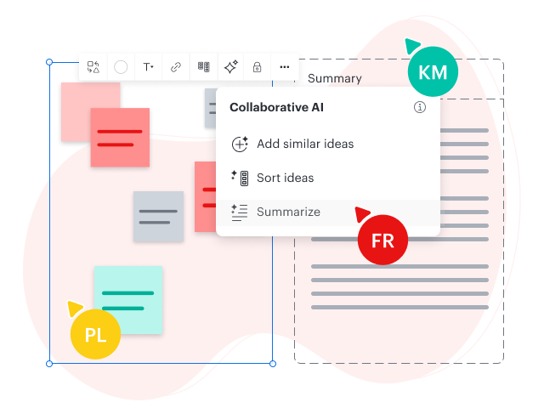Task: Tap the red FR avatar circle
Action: [x=382, y=241]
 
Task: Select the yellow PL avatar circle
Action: [x=95, y=333]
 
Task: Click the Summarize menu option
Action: [x=288, y=212]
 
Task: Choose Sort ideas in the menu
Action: [x=285, y=178]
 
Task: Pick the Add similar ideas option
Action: [x=304, y=144]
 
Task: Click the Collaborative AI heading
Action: [x=276, y=108]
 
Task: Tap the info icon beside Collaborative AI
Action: [x=420, y=108]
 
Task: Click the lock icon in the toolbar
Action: [x=257, y=67]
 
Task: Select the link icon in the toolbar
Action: [x=176, y=67]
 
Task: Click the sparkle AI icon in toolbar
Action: [x=229, y=67]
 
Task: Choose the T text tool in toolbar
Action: [x=148, y=67]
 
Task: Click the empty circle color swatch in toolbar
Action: [x=121, y=67]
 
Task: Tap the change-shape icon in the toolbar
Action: [x=93, y=67]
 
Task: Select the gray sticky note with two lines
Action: [x=158, y=216]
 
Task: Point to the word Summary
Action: [x=335, y=79]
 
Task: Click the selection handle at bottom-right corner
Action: [x=273, y=364]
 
